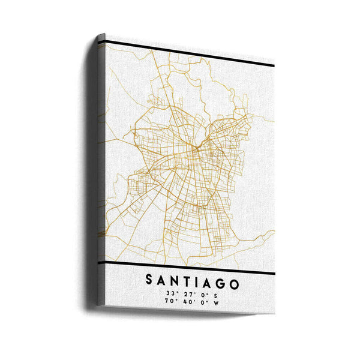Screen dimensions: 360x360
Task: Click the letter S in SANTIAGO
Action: [x=149, y=281]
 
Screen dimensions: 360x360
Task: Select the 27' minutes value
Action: [x=189, y=294]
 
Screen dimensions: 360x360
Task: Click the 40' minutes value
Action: [x=189, y=303]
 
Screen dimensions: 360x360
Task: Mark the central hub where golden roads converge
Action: [x=194, y=146]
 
